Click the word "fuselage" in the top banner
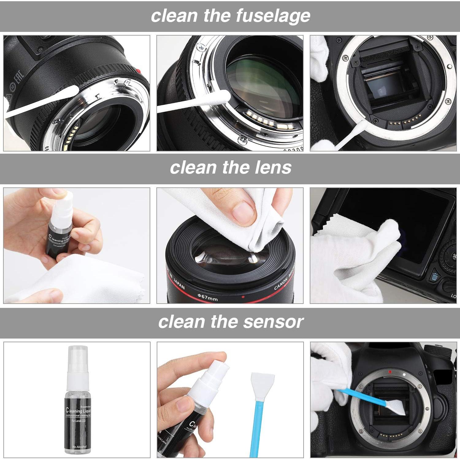pyautogui.click(x=273, y=16)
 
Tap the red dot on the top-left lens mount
pyautogui.click(x=139, y=71)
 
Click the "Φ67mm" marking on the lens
pyautogui.click(x=207, y=297)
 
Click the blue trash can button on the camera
pyautogui.click(x=434, y=277)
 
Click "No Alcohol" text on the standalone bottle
pyautogui.click(x=79, y=447)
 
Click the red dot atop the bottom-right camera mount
pyautogui.click(x=390, y=372)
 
